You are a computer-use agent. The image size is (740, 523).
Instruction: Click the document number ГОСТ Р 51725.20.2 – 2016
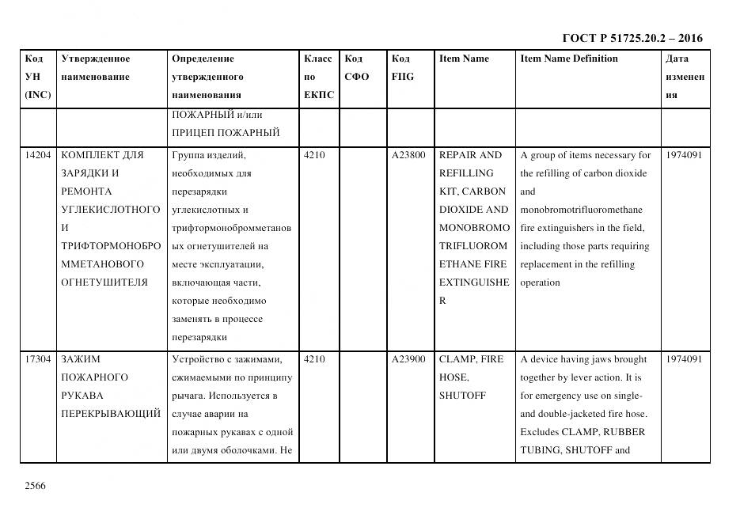click(632, 38)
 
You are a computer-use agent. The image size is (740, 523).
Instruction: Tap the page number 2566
click(36, 485)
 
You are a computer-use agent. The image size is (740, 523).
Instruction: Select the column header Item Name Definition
click(568, 59)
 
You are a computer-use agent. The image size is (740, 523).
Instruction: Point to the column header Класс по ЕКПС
click(318, 77)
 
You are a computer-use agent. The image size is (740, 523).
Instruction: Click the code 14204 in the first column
click(38, 155)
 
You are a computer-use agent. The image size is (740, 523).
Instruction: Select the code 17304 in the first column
click(38, 359)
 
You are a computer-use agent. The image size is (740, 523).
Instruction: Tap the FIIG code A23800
click(408, 155)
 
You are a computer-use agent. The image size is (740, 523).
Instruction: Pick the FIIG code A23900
click(408, 359)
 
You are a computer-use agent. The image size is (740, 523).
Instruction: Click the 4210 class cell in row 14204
click(314, 155)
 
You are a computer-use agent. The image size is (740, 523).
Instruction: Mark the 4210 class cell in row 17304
click(314, 359)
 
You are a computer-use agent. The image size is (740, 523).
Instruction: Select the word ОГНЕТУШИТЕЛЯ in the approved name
click(104, 282)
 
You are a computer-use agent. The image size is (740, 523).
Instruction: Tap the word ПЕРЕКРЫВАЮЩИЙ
click(111, 414)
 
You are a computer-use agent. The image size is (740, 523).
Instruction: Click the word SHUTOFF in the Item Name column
click(462, 396)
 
